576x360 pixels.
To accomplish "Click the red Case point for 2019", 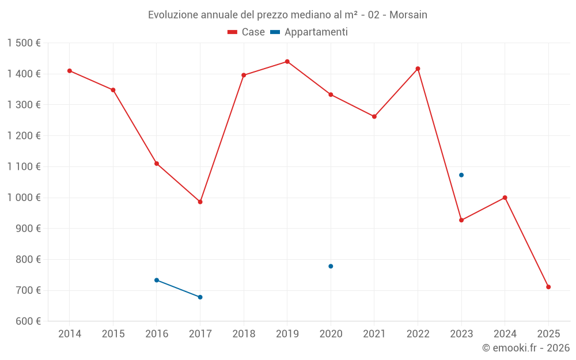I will (x=287, y=62).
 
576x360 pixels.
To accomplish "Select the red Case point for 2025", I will (x=548, y=287).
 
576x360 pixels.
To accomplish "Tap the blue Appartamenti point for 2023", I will (x=461, y=175).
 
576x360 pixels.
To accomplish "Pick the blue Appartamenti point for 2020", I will (x=331, y=266).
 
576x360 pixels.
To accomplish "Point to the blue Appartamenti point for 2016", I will (x=157, y=280).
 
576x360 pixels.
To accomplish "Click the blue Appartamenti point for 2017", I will (x=200, y=297).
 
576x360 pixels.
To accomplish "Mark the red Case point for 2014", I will (x=70, y=71).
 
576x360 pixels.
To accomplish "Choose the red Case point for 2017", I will (x=200, y=202).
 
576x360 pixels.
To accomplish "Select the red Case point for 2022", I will (x=418, y=69).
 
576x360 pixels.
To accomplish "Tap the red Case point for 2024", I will (x=505, y=198).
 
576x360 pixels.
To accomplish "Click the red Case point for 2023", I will (x=461, y=220).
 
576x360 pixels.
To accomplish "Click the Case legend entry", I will (x=246, y=32).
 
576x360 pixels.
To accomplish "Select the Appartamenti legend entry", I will (x=309, y=32).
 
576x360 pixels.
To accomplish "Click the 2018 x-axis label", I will (x=244, y=334).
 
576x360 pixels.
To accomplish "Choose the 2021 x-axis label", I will (x=374, y=334).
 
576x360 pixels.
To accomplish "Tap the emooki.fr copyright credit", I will (x=526, y=348).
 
